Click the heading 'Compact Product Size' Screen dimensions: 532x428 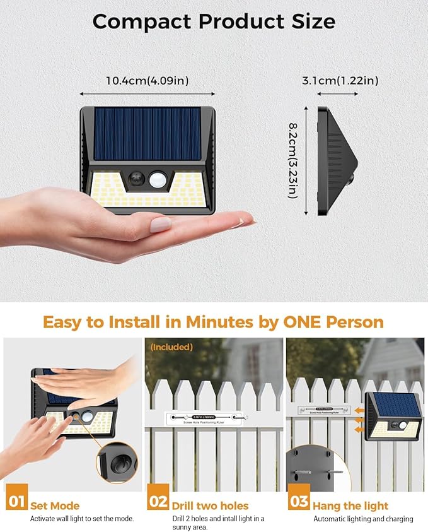214,21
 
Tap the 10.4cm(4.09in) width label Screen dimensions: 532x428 147,80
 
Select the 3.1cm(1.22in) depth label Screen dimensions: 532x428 340,80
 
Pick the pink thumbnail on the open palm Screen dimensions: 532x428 160,224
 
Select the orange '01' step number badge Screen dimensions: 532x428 17,503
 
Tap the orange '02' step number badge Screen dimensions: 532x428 158,503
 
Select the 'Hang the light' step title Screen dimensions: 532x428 350,505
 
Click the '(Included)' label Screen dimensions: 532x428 171,347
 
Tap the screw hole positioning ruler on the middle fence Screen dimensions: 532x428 207,417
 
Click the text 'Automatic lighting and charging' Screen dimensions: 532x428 363,519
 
